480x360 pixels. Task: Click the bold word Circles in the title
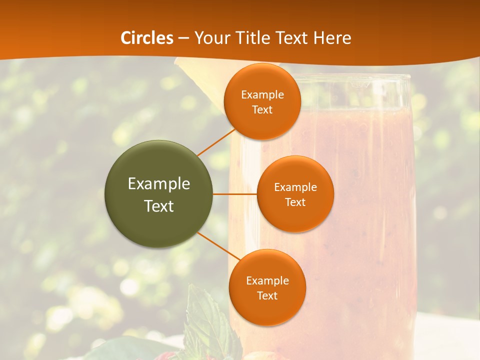coord(147,38)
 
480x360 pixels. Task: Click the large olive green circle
coord(158,194)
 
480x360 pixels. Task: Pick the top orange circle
coord(262,101)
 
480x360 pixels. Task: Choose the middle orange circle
coord(295,194)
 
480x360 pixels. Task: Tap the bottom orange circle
coord(267,287)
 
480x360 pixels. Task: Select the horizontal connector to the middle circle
coord(235,194)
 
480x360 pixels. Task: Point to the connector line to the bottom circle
coord(216,246)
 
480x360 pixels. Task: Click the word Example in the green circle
coord(159,184)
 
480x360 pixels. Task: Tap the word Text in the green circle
coord(159,206)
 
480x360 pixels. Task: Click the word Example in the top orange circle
coord(262,94)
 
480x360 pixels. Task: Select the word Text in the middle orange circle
coord(295,202)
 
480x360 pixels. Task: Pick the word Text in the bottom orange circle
coord(267,295)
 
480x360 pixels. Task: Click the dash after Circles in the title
coord(183,38)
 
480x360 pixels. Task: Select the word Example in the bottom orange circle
coord(267,280)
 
